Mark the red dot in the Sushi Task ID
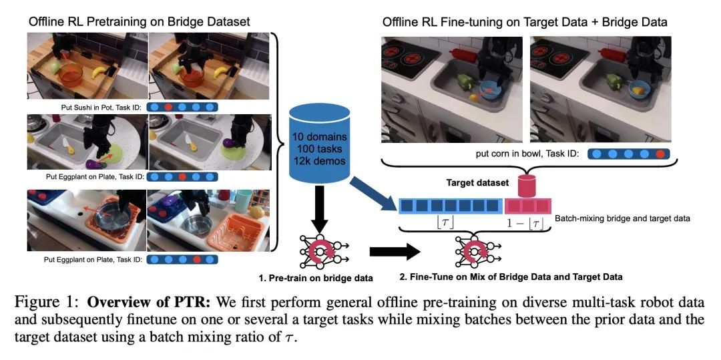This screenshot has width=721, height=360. point(169,106)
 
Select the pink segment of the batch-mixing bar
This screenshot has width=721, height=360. point(527,204)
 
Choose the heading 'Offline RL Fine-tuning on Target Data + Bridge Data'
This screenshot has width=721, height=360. point(525,22)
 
